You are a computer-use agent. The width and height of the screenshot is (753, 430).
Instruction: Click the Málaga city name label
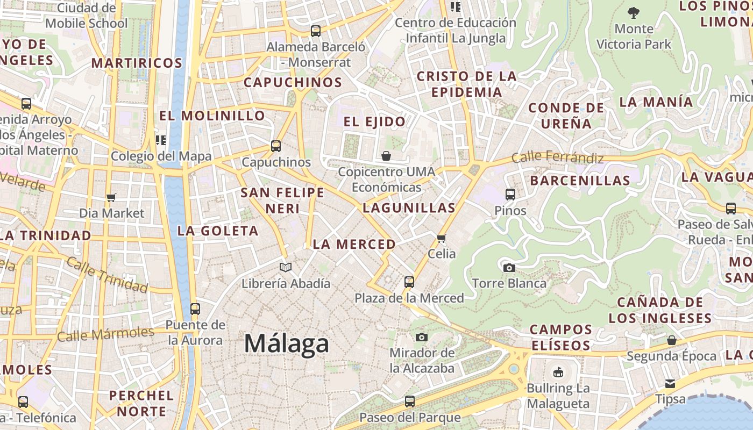[x=286, y=343]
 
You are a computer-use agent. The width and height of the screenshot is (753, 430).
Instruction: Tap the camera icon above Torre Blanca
[x=509, y=268]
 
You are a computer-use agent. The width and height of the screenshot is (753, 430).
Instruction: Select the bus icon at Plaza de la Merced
[x=409, y=282]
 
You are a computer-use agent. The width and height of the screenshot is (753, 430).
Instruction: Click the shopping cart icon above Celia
[x=442, y=238]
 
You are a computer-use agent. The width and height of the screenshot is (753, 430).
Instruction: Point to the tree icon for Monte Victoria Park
[x=634, y=12]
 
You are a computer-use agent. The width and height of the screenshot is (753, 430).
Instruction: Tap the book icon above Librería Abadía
[x=286, y=267]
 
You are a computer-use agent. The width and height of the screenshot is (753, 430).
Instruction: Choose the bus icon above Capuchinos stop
[x=276, y=146]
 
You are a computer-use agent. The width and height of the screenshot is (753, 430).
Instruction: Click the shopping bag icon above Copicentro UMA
[x=386, y=156]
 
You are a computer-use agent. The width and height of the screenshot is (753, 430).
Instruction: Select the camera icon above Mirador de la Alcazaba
[x=422, y=337]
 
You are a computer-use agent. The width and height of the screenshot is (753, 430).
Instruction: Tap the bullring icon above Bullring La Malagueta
[x=558, y=372]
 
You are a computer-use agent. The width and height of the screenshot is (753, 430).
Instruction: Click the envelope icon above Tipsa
[x=670, y=384]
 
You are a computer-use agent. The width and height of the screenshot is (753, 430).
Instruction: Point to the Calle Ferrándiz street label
[x=557, y=157]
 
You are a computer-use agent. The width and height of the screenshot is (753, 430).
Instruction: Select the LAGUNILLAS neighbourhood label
[x=409, y=207]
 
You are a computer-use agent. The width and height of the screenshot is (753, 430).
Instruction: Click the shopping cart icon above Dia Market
[x=111, y=198]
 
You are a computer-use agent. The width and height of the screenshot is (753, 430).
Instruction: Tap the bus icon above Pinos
[x=510, y=195]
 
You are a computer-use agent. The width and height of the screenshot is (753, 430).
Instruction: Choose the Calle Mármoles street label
[x=105, y=334]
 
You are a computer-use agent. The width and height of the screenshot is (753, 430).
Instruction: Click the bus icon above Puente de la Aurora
[x=195, y=310]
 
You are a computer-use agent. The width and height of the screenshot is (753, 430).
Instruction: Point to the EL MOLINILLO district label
[x=212, y=116]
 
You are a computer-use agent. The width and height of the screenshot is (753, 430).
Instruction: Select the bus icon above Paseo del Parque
[x=410, y=402]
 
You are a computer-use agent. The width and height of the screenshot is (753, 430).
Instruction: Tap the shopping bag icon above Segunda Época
[x=671, y=340]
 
